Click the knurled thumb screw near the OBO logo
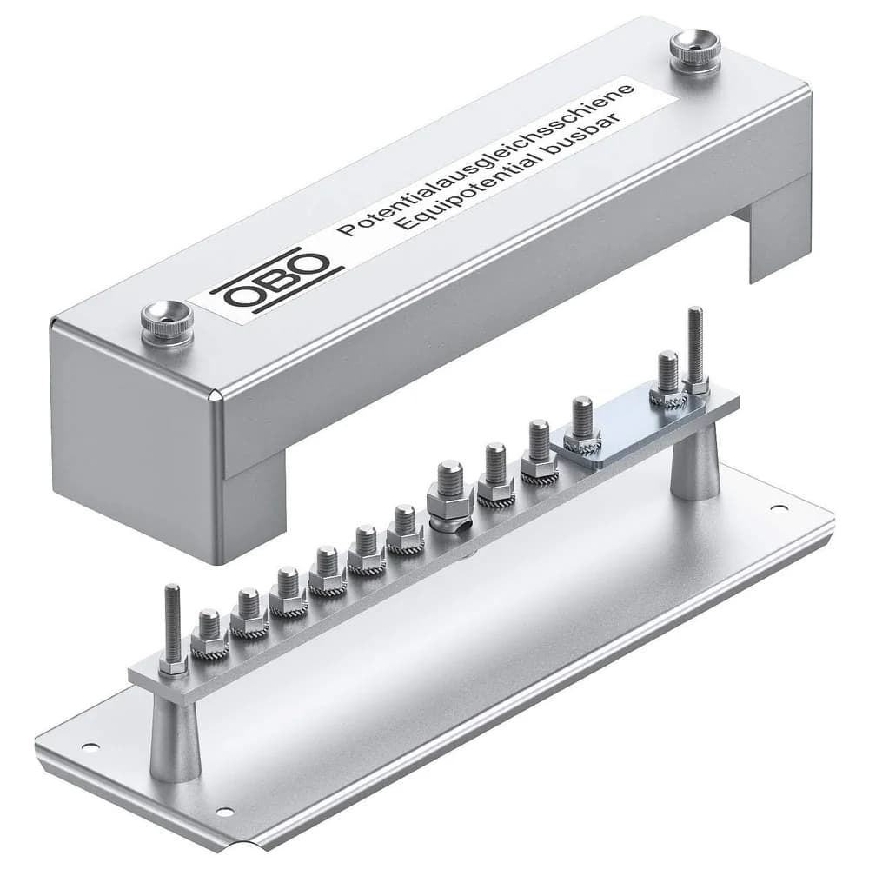[x=168, y=323]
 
